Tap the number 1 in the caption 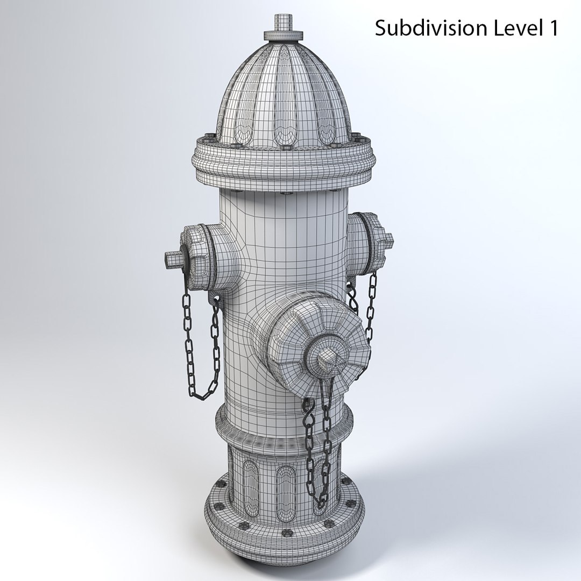(x=551, y=28)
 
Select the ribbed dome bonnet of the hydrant (x=282, y=97)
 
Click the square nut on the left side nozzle (x=173, y=259)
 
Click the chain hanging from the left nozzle (x=200, y=350)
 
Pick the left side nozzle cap (x=196, y=253)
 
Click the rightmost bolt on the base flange (x=352, y=504)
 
